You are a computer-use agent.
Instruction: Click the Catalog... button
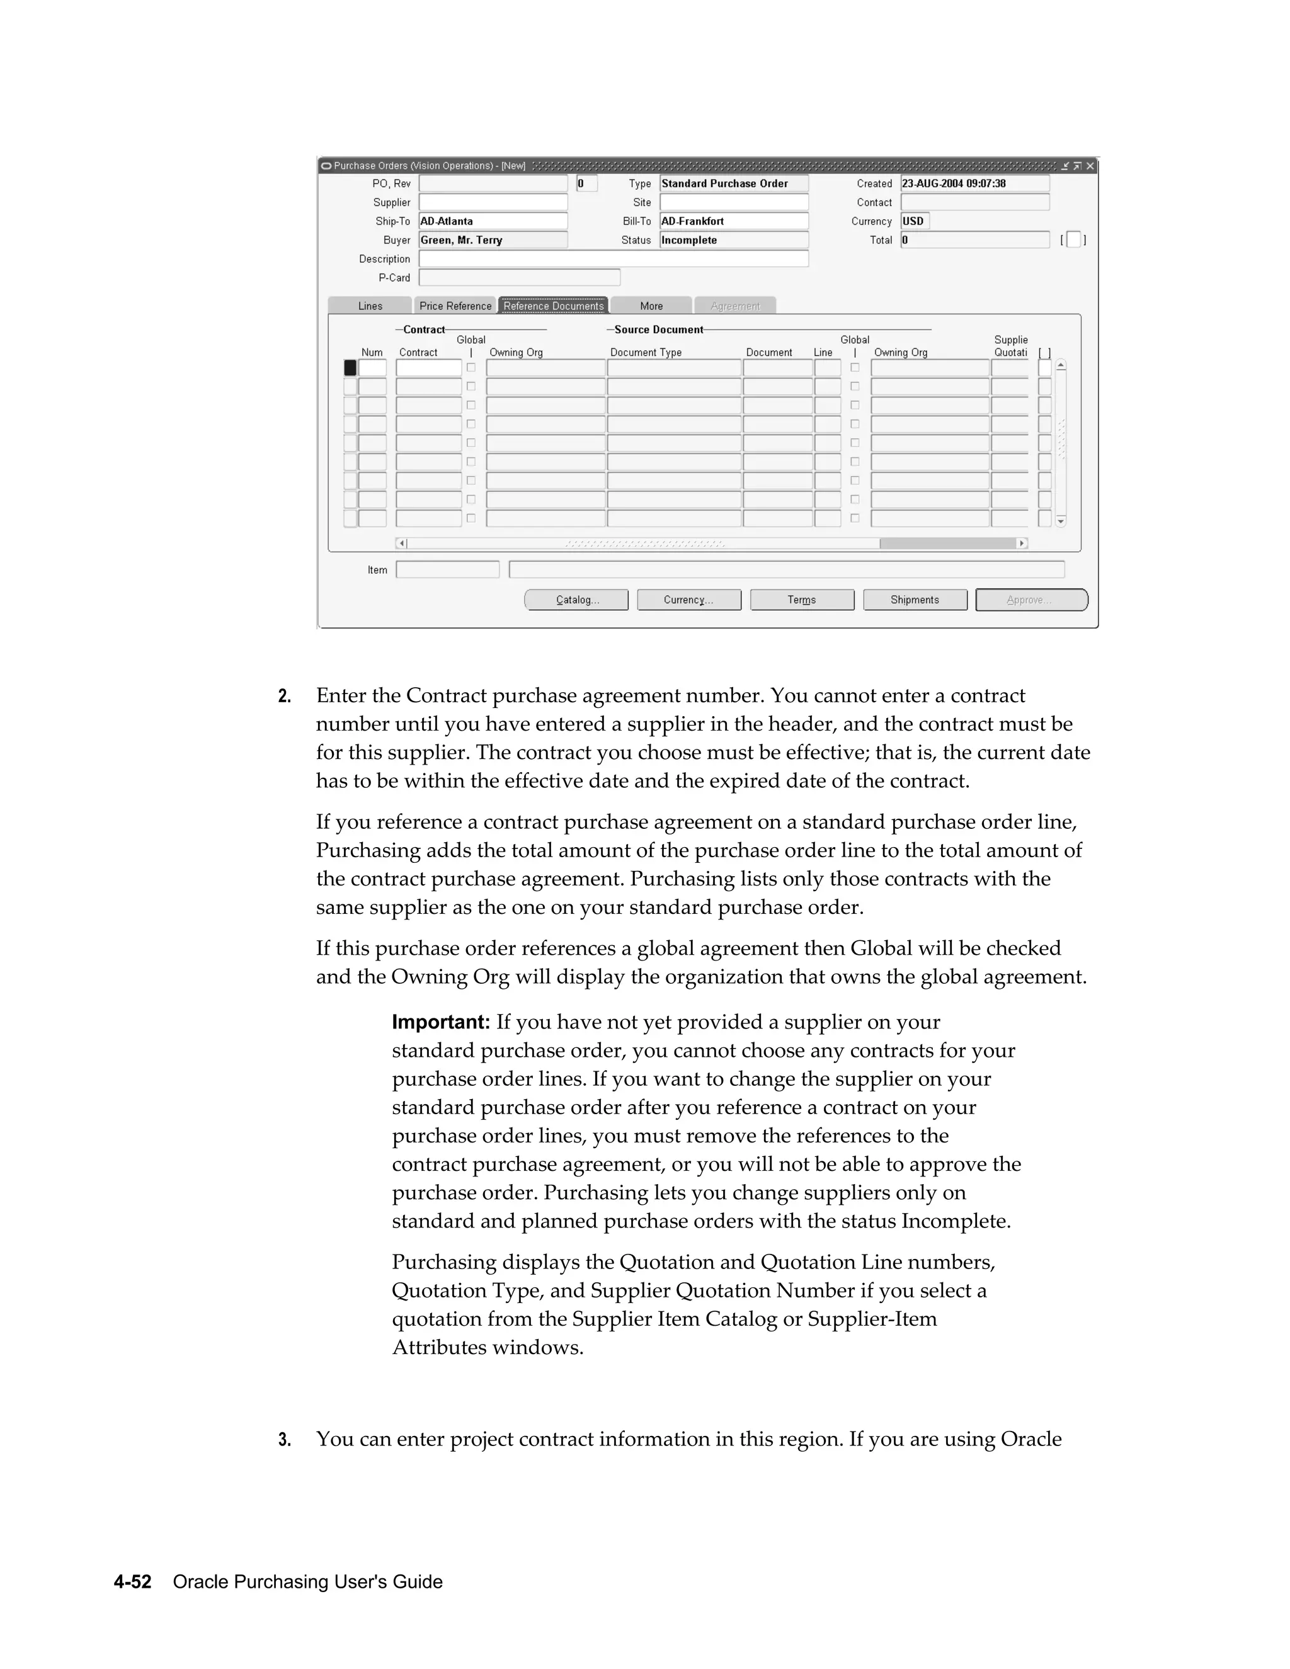576,600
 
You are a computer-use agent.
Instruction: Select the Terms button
802,600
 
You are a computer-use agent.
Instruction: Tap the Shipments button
915,600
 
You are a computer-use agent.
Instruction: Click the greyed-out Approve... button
1031,600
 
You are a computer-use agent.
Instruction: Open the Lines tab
370,305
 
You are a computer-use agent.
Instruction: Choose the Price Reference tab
455,305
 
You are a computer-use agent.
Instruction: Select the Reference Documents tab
553,305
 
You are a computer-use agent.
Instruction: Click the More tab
651,305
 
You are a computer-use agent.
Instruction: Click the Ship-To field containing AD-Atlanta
493,222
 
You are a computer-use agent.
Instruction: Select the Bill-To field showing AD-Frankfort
734,222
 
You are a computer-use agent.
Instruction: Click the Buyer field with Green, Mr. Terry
493,240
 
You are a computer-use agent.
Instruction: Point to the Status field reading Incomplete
734,240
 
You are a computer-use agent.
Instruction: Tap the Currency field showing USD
914,222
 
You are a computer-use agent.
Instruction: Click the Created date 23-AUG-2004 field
974,183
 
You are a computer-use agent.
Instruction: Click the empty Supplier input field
493,203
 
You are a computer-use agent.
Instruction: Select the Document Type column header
646,352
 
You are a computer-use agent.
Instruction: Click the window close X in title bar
1090,166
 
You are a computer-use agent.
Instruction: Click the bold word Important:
441,1022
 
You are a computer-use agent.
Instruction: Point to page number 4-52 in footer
133,1582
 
